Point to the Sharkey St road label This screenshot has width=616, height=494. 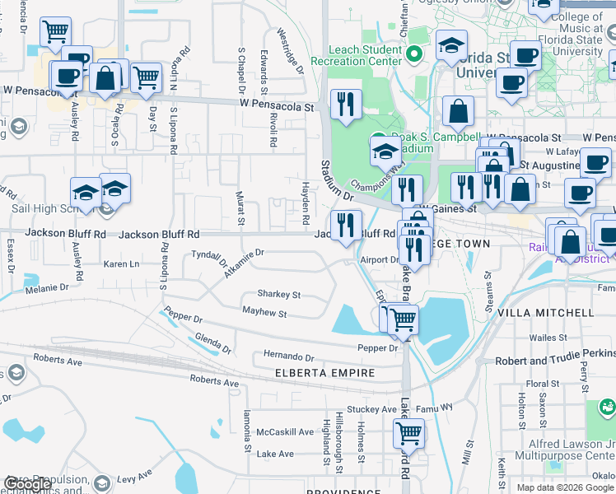[278, 294]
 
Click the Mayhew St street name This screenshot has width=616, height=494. [264, 313]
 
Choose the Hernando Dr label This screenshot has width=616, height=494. [288, 357]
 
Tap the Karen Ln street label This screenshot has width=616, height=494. [122, 264]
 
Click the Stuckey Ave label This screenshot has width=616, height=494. [371, 408]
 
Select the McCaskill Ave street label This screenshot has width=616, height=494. [285, 432]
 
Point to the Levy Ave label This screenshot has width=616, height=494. [136, 477]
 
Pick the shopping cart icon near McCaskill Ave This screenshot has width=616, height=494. [408, 431]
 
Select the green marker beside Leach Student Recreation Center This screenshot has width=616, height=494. [413, 55]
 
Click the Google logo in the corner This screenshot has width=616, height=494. [27, 484]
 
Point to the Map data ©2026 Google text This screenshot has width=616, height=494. [564, 487]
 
